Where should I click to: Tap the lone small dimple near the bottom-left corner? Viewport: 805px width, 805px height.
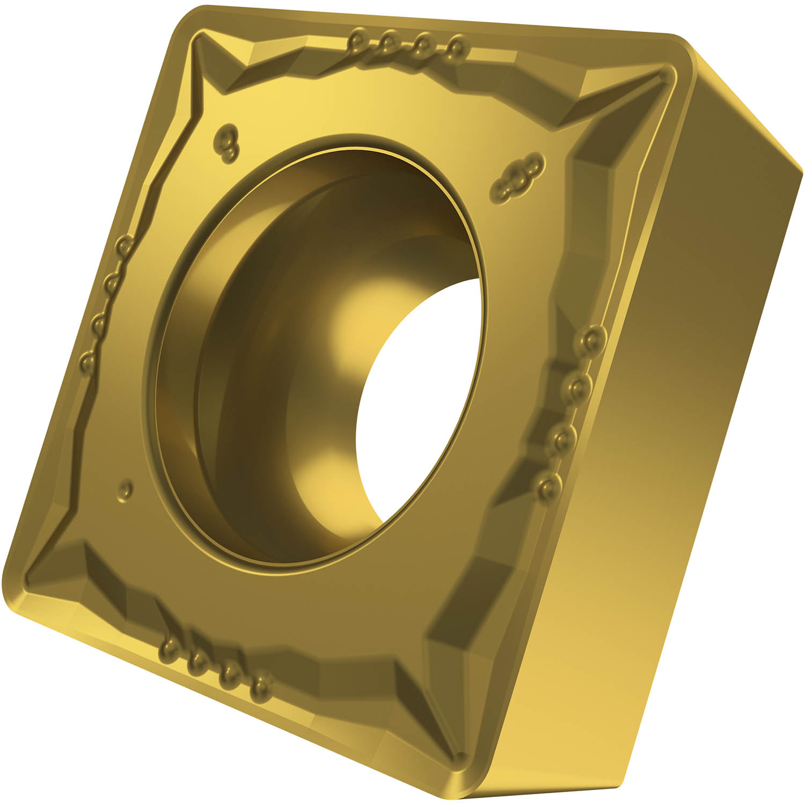126,489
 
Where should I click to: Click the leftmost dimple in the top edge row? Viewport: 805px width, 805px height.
357,40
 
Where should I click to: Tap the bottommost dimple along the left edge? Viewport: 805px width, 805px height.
86,361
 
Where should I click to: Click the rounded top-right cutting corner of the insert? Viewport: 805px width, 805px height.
677,54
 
